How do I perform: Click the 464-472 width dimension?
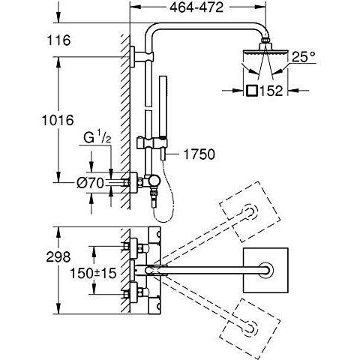196,7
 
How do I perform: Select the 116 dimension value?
59,40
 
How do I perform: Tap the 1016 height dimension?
58,120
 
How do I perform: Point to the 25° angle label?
304,57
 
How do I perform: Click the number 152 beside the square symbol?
271,91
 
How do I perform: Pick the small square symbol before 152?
252,91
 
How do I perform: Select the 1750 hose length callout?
199,154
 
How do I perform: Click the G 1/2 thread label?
97,137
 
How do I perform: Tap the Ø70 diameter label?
90,183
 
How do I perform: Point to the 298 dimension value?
58,256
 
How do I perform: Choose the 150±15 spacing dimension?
93,273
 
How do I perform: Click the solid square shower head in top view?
265,271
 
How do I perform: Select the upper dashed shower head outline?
250,212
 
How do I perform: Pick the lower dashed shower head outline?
250,328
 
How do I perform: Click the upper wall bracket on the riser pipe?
141,57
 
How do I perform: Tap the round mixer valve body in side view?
153,181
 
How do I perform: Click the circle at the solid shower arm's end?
265,271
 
